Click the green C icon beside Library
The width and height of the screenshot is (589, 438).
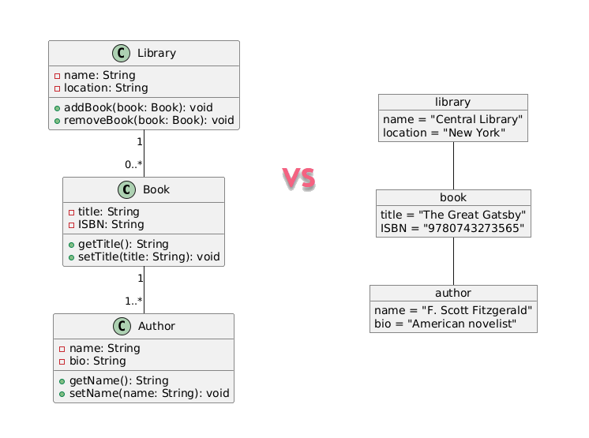tap(121, 54)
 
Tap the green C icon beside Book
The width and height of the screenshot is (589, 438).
tap(126, 190)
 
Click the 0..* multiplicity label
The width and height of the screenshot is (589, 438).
tap(133, 164)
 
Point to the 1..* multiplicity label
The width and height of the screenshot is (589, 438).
tap(133, 301)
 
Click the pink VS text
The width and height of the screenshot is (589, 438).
tap(299, 179)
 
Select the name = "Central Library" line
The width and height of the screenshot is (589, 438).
tap(452, 119)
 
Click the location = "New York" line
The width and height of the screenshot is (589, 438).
tap(444, 133)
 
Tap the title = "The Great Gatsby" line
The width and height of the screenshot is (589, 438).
tap(453, 215)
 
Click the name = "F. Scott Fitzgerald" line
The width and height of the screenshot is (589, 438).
tap(453, 310)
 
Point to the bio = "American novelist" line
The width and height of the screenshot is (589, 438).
tap(445, 324)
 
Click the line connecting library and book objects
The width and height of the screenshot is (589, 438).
tap(453, 166)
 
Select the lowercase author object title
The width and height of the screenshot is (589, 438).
tap(453, 293)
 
